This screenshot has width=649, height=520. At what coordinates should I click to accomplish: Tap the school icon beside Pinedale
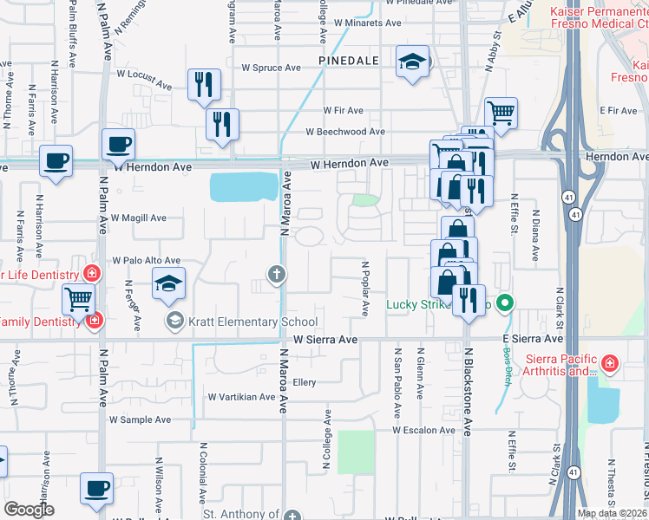coord(413,62)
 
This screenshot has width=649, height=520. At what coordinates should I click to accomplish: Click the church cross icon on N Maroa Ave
coord(277,276)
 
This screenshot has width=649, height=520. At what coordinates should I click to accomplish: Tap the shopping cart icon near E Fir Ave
coord(501,111)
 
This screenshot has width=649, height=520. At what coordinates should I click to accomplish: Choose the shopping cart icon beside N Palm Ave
coord(78,300)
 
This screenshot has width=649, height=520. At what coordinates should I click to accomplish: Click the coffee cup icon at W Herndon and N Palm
coord(118,144)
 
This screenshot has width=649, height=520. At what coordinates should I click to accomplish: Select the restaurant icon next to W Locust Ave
coord(204,84)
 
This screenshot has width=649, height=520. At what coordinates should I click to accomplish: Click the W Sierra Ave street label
coord(325,340)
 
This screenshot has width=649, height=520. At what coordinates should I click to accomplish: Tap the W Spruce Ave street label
coord(271,68)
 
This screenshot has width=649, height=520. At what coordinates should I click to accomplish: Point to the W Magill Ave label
coord(138,218)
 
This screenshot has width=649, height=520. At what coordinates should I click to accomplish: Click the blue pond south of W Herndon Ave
coord(244,185)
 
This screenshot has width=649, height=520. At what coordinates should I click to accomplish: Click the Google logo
coord(29,510)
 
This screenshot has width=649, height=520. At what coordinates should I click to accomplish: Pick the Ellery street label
coord(304,381)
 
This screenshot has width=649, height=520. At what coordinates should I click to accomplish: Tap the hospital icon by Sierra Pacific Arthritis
coord(610,361)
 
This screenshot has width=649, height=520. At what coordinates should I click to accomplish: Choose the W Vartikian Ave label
coord(241,397)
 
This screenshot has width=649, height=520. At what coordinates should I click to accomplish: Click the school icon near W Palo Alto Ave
coord(168,283)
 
